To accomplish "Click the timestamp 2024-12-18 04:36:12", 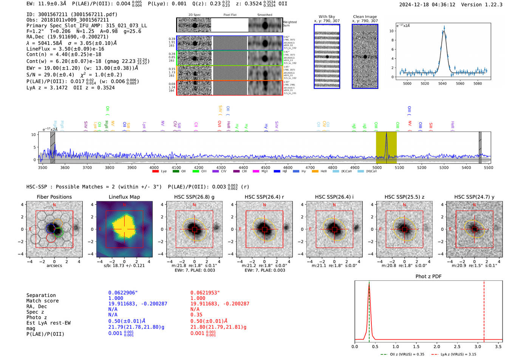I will [427, 5].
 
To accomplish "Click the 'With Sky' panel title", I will [326, 17].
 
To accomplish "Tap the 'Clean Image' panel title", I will [365, 17].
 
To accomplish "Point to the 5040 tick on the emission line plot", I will [442, 83].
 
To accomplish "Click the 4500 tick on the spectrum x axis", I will [266, 167].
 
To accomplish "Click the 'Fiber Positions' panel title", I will [54, 197].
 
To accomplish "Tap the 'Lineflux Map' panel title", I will [124, 197].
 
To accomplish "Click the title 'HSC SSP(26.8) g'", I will [194, 197].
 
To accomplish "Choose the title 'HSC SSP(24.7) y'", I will [474, 197].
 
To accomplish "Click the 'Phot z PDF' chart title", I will [428, 276].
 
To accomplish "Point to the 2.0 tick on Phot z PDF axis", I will [436, 346].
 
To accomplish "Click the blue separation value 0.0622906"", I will [123, 293].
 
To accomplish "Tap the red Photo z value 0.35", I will [196, 315].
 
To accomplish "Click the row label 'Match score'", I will [42, 301].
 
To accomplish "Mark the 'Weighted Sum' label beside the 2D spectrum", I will [289, 23].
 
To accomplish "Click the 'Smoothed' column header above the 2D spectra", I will [264, 15].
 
